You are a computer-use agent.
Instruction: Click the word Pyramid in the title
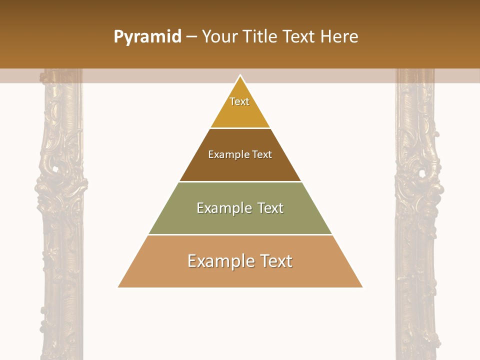click(x=147, y=37)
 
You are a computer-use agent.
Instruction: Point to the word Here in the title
click(x=339, y=37)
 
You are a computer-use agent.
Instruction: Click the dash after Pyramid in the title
click(x=191, y=37)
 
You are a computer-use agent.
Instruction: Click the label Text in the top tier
click(x=239, y=101)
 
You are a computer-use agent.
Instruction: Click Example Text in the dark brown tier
click(x=240, y=154)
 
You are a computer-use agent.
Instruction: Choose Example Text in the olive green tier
click(x=240, y=208)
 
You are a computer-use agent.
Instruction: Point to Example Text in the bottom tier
click(x=240, y=261)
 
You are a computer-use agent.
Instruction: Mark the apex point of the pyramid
click(x=240, y=75)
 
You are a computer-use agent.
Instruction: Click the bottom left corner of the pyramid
click(x=118, y=287)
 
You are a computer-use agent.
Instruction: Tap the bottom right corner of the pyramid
click(x=362, y=287)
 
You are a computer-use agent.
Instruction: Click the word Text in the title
click(x=300, y=37)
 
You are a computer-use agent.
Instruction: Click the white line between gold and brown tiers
click(x=240, y=128)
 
